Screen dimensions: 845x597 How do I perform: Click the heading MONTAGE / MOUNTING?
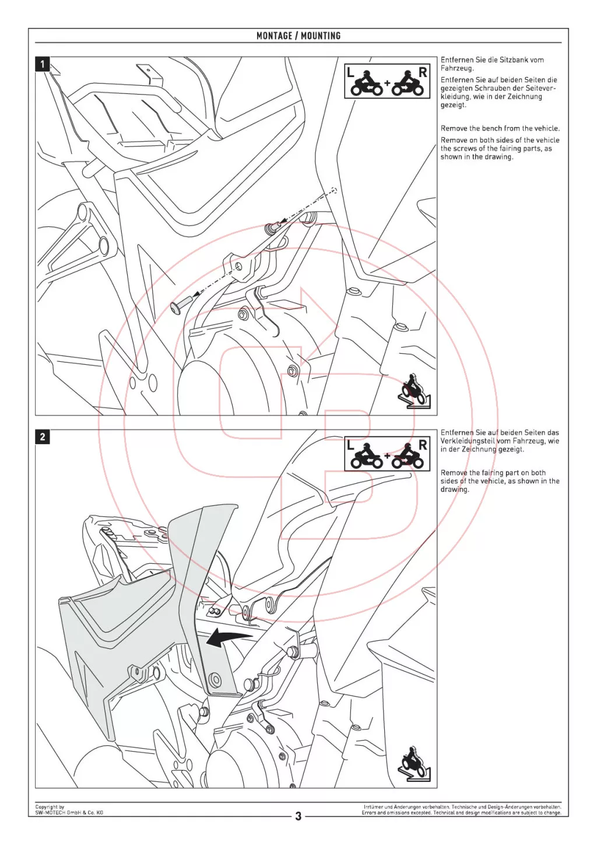tap(298, 36)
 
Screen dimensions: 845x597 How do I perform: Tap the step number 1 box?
tap(43, 64)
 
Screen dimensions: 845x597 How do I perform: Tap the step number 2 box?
tap(43, 437)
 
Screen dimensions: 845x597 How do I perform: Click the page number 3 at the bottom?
tap(298, 816)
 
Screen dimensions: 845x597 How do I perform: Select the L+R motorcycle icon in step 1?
tap(387, 81)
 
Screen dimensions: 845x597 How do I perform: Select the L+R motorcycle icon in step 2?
tap(387, 453)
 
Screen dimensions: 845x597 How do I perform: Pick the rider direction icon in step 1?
tap(415, 391)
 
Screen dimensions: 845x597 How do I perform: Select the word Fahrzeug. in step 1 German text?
tap(457, 68)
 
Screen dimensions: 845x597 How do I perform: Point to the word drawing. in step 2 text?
tap(455, 490)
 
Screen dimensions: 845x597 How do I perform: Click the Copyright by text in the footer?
tap(50, 807)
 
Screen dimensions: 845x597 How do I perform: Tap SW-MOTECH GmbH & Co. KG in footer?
tap(69, 812)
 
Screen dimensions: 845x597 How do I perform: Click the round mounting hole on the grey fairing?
tap(215, 679)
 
